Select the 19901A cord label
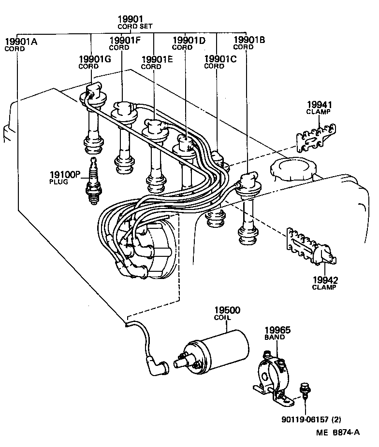(20, 41)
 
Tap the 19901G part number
(95, 59)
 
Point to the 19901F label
(125, 40)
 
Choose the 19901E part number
(157, 59)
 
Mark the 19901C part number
(220, 59)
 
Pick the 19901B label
(249, 40)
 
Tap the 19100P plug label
(64, 174)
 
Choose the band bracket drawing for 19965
(274, 376)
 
